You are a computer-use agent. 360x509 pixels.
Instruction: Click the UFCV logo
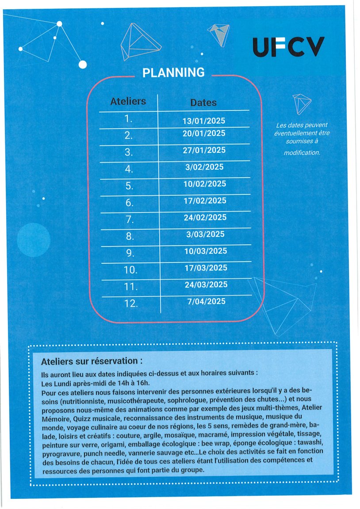(288, 47)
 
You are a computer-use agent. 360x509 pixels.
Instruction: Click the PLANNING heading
(173, 72)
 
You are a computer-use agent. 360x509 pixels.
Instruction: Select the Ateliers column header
(128, 101)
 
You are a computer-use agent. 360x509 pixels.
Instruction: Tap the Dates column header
(203, 103)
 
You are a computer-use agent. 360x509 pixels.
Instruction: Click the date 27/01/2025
(204, 150)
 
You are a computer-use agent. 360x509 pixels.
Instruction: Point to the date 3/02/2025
(205, 167)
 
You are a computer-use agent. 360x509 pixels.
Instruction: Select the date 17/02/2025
(205, 201)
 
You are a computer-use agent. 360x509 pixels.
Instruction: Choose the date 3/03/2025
(206, 234)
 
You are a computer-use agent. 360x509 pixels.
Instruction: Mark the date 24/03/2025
(206, 285)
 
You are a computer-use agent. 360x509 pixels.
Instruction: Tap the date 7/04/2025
(206, 301)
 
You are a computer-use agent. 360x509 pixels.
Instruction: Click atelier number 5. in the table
(129, 186)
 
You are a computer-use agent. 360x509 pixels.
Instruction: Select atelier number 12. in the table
(131, 304)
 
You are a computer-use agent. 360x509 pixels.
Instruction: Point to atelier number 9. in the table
(130, 253)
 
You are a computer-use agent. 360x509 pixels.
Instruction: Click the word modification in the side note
(302, 152)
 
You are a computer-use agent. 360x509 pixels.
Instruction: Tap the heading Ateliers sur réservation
(92, 361)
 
